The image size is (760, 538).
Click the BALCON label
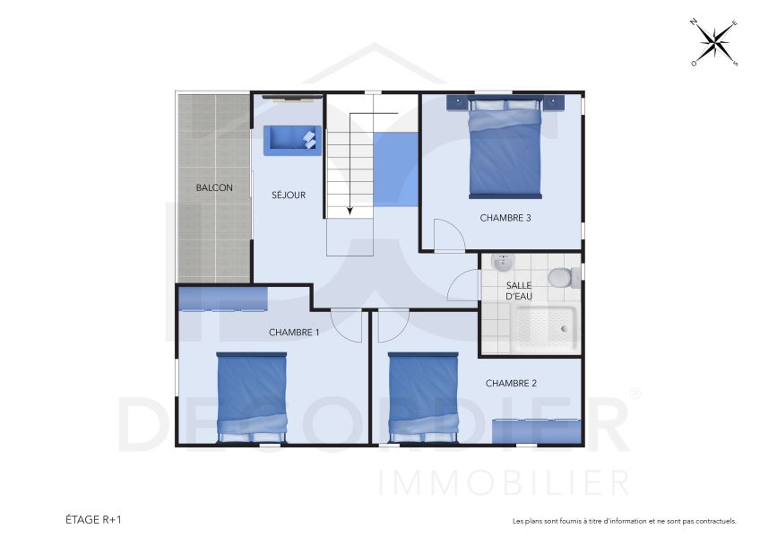coord(214,188)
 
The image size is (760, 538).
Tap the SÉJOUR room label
coord(289,195)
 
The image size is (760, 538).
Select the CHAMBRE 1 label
coord(294,333)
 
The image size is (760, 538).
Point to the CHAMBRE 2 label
coord(511,384)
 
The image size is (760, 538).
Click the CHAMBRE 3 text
coord(505,218)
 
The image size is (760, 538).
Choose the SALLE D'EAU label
coord(519,291)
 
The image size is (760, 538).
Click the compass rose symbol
coord(714,43)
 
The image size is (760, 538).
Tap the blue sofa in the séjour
coord(291,139)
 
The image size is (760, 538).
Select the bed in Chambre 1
coord(252,397)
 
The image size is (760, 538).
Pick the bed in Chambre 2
coord(423,397)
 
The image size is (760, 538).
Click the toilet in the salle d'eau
coord(561,277)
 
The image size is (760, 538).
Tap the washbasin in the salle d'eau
coord(503,263)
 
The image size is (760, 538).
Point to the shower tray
coord(545,327)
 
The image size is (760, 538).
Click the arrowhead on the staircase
coord(349,211)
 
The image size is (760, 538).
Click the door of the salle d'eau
coord(464,287)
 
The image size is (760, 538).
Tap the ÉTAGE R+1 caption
coord(93,519)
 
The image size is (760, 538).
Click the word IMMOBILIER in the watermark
coord(505,482)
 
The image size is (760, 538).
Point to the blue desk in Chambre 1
coord(222,298)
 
